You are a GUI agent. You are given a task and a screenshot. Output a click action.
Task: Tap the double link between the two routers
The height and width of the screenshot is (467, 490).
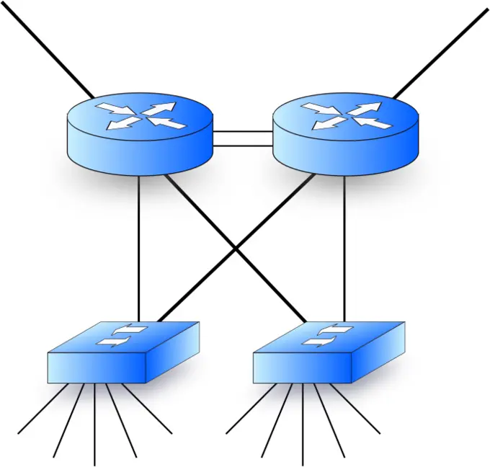(x=243, y=138)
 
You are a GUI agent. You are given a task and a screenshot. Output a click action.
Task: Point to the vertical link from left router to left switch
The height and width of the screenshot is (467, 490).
(x=139, y=245)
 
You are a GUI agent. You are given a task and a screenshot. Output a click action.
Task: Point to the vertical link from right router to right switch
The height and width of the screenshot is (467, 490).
(x=344, y=245)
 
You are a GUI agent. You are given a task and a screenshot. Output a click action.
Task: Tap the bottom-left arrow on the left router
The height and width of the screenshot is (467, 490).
(x=118, y=124)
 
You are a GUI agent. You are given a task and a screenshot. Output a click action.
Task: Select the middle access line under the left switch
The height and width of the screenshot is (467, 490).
(x=94, y=425)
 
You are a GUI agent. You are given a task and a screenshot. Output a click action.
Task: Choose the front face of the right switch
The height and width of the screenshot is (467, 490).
(x=302, y=368)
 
